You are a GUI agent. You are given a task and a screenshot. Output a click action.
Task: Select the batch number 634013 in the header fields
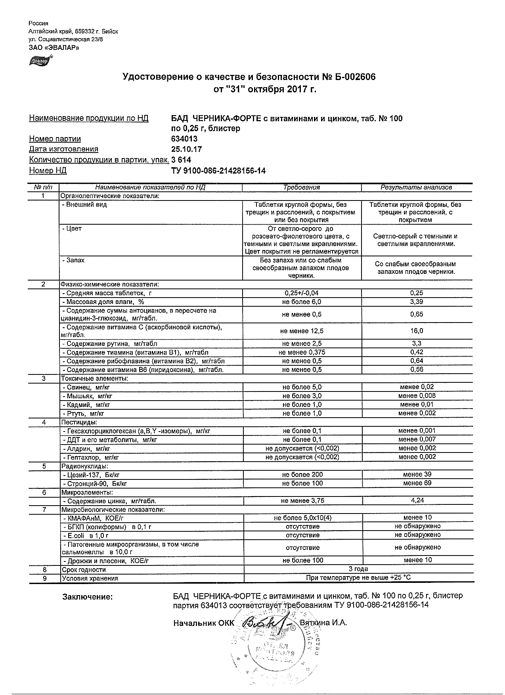pos(184,139)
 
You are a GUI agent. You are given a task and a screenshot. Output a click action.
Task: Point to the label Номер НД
pos(48,171)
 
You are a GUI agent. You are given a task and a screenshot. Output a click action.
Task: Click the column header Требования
pos(302,187)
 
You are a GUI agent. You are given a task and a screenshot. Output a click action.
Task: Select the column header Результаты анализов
pos(416,187)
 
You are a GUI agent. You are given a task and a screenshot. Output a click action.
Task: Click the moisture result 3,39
pos(417,302)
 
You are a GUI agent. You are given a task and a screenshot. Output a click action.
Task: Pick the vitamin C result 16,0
pos(417,331)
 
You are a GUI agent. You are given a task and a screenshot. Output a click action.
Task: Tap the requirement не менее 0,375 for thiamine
pos(302,352)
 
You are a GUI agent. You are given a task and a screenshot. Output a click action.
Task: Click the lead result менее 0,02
pos(417,387)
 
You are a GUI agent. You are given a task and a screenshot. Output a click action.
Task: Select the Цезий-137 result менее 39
pos(417,474)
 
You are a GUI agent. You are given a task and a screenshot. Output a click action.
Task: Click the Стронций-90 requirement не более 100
pos(302,483)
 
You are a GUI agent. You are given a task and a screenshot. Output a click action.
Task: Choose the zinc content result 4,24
pos(417,500)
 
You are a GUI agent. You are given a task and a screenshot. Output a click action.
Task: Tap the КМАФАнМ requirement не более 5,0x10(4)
pos(302,518)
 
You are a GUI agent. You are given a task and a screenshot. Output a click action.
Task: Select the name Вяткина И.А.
pos(323,623)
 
